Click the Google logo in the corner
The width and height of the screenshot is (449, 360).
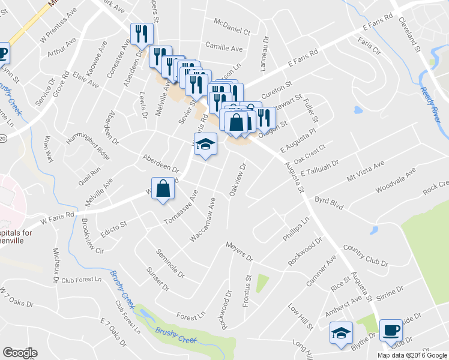20,353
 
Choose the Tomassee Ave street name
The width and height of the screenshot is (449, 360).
181,210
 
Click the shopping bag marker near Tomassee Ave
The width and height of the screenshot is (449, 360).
163,189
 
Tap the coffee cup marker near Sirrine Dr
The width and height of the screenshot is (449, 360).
391,329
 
